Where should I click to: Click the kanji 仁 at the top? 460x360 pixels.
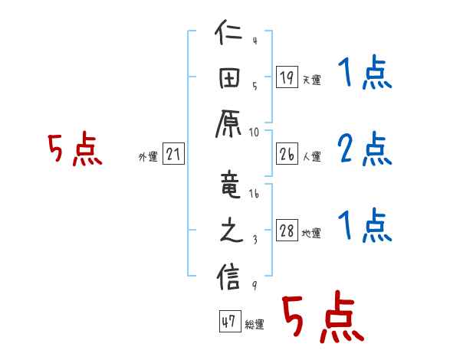pyautogui.click(x=229, y=36)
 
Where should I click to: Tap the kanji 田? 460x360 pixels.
pyautogui.click(x=229, y=79)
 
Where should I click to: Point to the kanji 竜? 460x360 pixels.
pyautogui.click(x=229, y=183)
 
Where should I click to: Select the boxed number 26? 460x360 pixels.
pyautogui.click(x=287, y=155)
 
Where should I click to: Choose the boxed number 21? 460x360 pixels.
pyautogui.click(x=173, y=155)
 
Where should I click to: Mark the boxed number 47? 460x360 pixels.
pyautogui.click(x=229, y=322)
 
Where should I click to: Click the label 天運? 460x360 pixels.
pyautogui.click(x=311, y=80)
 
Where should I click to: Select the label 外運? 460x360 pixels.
pyautogui.click(x=147, y=157)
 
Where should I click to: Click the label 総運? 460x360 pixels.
pyautogui.click(x=255, y=325)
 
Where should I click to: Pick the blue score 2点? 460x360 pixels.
pyautogui.click(x=364, y=149)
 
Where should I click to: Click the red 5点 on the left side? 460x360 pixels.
pyautogui.click(x=74, y=149)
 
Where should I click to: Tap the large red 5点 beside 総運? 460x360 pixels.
pyautogui.click(x=320, y=318)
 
